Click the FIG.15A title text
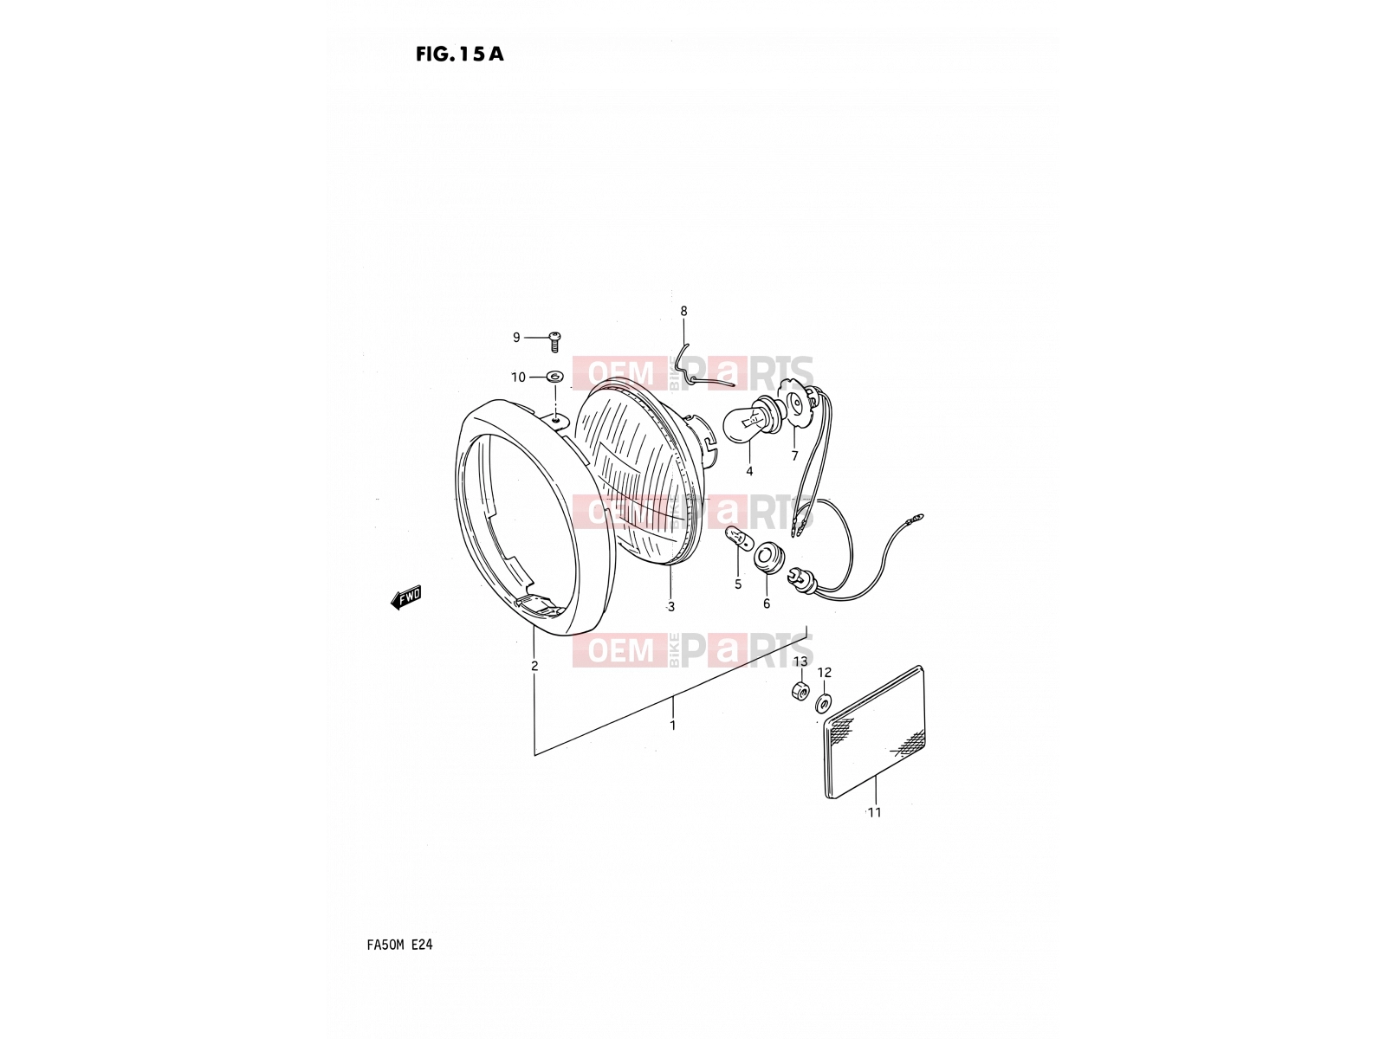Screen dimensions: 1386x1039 click(x=459, y=55)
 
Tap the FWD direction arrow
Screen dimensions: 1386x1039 click(x=406, y=597)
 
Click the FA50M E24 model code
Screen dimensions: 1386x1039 click(x=399, y=945)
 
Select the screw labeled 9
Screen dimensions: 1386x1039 click(x=554, y=341)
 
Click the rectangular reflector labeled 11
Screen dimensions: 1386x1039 click(x=875, y=732)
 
